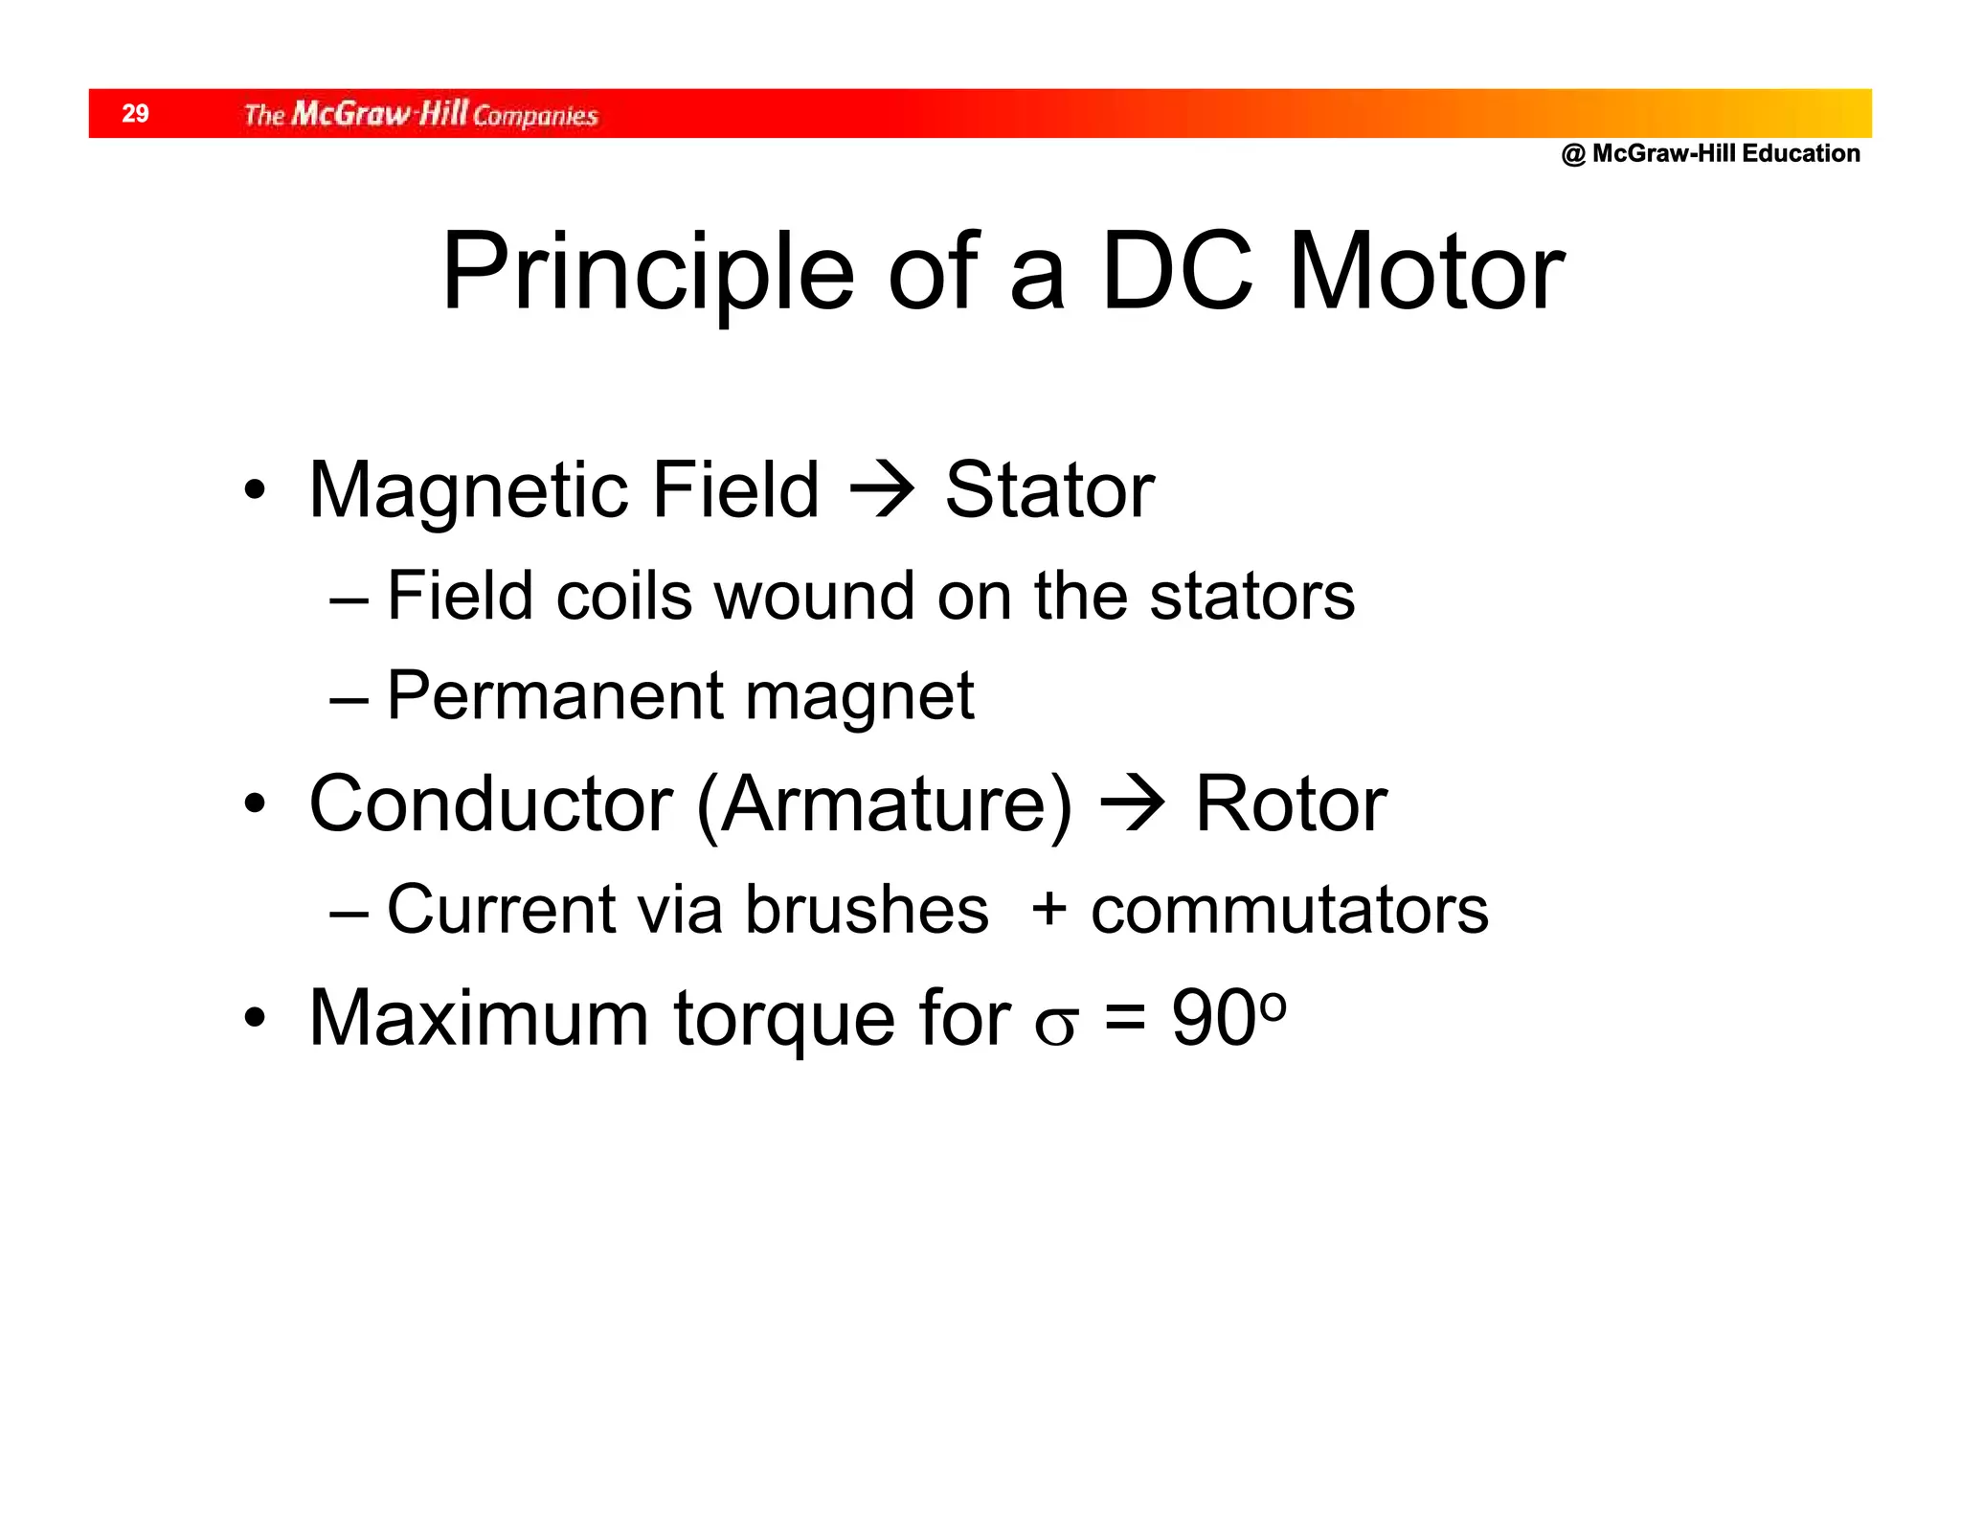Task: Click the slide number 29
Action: [135, 114]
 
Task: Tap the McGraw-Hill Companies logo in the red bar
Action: [420, 115]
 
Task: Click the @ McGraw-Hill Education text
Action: [1710, 154]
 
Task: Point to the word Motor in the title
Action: [1426, 274]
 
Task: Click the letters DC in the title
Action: [1177, 274]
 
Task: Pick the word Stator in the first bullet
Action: [1049, 490]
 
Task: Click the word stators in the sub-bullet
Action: [1251, 597]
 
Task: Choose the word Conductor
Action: [490, 803]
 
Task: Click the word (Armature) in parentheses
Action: [885, 805]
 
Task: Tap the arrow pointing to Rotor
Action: [1133, 805]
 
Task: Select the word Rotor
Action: [1291, 803]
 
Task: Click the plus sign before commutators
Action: [1049, 908]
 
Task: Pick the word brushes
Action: [867, 909]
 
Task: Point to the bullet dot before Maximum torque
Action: [254, 1018]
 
